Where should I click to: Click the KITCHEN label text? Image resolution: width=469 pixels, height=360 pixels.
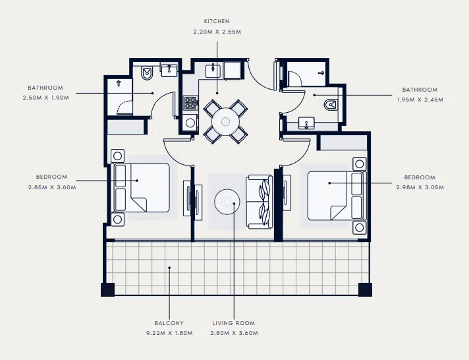(x=217, y=21)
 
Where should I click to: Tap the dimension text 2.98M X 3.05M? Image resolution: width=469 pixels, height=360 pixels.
(x=419, y=188)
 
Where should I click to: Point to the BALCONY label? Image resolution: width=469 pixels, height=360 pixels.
(x=170, y=323)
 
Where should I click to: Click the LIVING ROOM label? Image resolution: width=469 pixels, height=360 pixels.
(x=233, y=323)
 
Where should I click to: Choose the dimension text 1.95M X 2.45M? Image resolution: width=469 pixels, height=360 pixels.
(x=420, y=100)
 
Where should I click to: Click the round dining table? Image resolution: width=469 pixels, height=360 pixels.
(x=226, y=121)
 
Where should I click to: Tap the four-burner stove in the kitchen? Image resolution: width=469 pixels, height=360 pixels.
(x=190, y=103)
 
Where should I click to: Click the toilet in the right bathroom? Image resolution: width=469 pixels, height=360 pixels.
(x=329, y=104)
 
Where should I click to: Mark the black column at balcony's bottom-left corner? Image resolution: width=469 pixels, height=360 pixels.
(x=107, y=289)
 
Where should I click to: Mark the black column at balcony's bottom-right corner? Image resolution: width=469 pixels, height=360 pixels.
(x=364, y=289)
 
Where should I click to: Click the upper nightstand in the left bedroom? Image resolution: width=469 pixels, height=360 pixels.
(x=118, y=156)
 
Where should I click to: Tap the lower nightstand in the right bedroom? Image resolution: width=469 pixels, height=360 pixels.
(x=359, y=227)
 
